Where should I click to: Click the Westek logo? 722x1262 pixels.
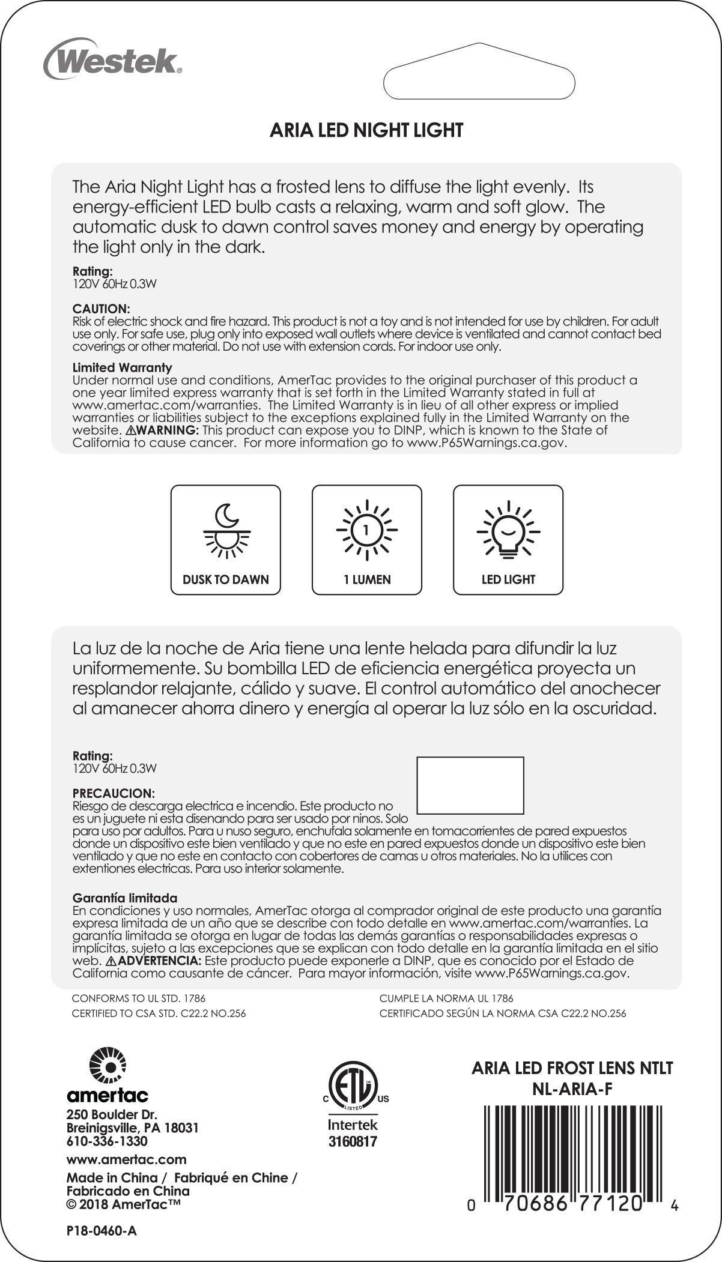coord(112,60)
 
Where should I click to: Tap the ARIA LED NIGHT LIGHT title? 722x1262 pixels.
coord(366,130)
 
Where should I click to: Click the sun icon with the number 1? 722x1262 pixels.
coord(366,530)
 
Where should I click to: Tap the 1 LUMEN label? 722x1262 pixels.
coord(366,579)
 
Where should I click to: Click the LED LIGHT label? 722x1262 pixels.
coord(508,579)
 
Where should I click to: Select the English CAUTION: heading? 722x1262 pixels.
coord(101,309)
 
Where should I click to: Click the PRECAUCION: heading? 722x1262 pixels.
coord(114,793)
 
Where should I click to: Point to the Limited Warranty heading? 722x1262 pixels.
coord(122,367)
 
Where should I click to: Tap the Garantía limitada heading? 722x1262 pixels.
coord(125,898)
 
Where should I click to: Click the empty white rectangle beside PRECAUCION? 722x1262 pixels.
coord(470,785)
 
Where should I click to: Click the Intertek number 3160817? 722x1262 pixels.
coord(353,1141)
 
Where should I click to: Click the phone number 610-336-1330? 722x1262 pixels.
coord(107,1141)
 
